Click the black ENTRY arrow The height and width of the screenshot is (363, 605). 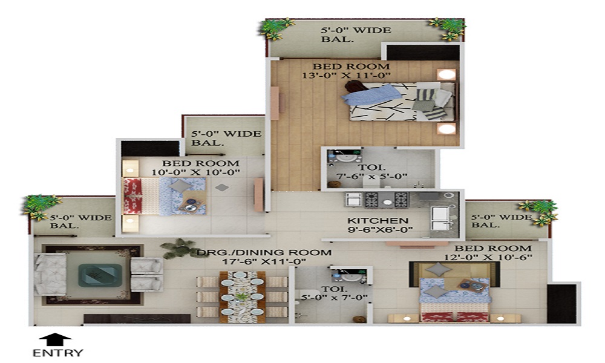(56, 339)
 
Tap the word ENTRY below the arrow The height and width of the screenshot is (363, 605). (58, 353)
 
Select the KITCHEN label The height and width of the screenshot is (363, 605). (378, 221)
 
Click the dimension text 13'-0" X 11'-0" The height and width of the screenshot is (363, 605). (346, 76)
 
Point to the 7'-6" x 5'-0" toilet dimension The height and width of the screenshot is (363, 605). (372, 177)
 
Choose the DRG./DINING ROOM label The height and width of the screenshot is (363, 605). (264, 253)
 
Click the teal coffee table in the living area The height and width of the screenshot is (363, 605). (100, 275)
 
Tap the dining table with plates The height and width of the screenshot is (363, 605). (243, 297)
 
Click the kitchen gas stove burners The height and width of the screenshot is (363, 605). (387, 200)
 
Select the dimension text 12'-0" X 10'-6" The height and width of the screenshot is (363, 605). (488, 257)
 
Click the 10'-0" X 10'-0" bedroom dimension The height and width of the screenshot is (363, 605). (195, 172)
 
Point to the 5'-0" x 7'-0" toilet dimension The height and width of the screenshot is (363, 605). (334, 298)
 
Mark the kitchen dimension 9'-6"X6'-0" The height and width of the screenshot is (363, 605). (380, 230)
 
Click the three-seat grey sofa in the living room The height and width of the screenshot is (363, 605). (51, 274)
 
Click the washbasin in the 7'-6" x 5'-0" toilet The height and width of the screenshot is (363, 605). (345, 157)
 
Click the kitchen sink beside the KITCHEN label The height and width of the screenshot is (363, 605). (440, 219)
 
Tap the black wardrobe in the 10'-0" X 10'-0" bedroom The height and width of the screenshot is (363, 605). (150, 148)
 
